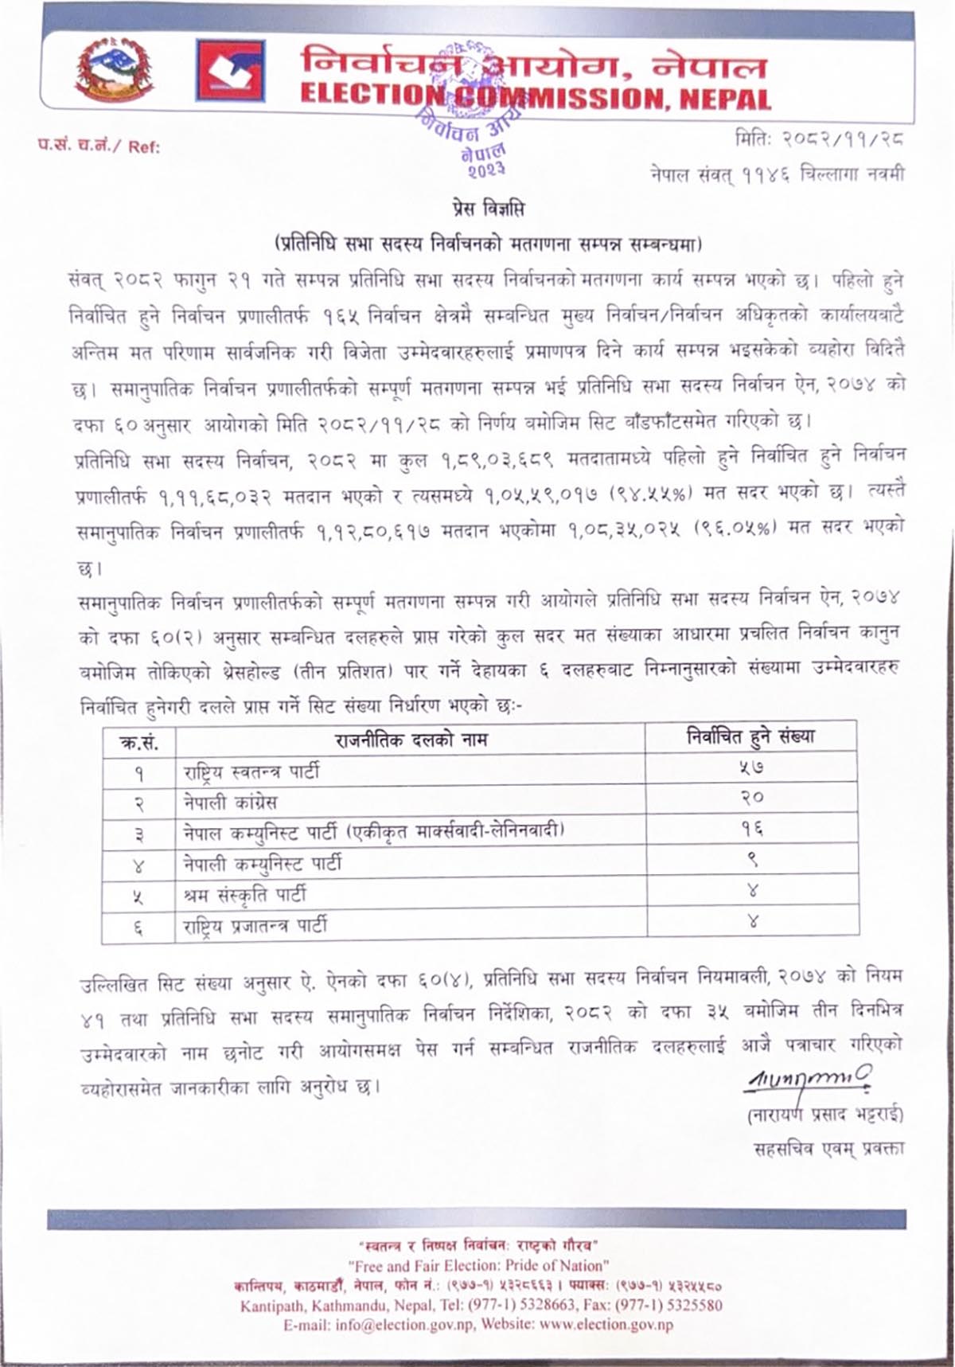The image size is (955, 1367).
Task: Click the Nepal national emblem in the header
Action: coord(115,71)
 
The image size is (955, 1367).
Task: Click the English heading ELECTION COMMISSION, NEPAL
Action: coord(536,99)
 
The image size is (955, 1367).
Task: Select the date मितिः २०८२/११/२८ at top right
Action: coord(820,142)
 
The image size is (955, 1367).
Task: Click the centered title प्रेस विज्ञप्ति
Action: coord(485,210)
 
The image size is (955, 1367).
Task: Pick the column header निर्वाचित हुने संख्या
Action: coord(751,737)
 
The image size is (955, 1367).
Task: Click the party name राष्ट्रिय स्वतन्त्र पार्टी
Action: coord(251,771)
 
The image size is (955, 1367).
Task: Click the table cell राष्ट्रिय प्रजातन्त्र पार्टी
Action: coord(255,925)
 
